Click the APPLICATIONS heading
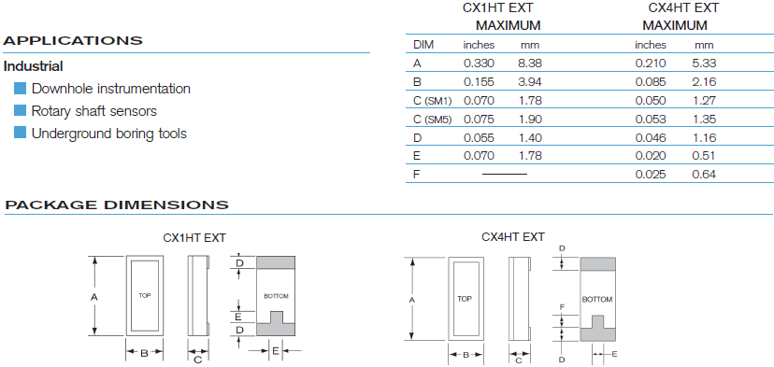pyautogui.click(x=73, y=40)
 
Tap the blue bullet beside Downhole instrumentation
pyautogui.click(x=20, y=89)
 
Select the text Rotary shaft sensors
pyautogui.click(x=93, y=111)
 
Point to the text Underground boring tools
pyautogui.click(x=109, y=134)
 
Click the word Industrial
pyautogui.click(x=33, y=66)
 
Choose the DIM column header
pyautogui.click(x=423, y=45)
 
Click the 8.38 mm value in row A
pyautogui.click(x=530, y=64)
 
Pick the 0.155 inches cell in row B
pyautogui.click(x=479, y=82)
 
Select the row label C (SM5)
pyautogui.click(x=433, y=119)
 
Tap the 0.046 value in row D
pyautogui.click(x=650, y=137)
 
